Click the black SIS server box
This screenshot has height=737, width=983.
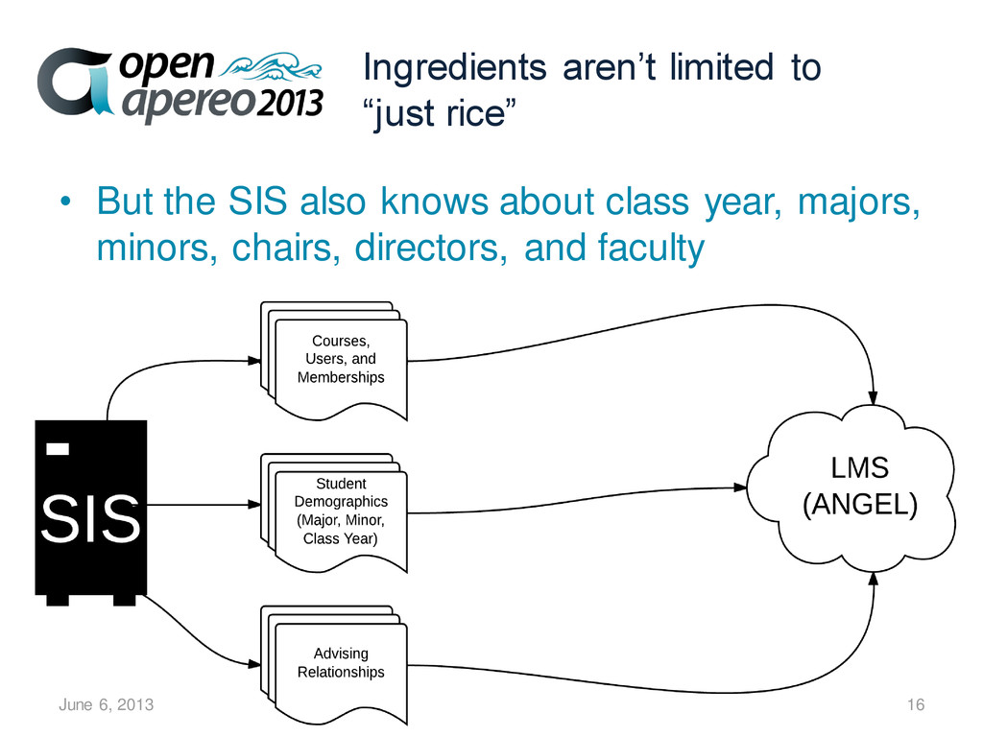pyautogui.click(x=90, y=509)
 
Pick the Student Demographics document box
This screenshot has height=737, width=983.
pyautogui.click(x=340, y=511)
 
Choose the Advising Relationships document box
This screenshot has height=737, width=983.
pyautogui.click(x=340, y=663)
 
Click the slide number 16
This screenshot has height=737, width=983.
pyautogui.click(x=915, y=705)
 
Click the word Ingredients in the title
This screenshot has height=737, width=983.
pyautogui.click(x=444, y=69)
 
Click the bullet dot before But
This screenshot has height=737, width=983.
pyautogui.click(x=64, y=204)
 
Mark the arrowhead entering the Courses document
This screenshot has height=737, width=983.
pyautogui.click(x=254, y=360)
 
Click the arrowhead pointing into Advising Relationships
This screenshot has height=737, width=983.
pyautogui.click(x=254, y=662)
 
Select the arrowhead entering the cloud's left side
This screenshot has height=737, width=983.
pyautogui.click(x=740, y=487)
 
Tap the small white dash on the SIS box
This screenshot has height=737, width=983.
pyautogui.click(x=60, y=447)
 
